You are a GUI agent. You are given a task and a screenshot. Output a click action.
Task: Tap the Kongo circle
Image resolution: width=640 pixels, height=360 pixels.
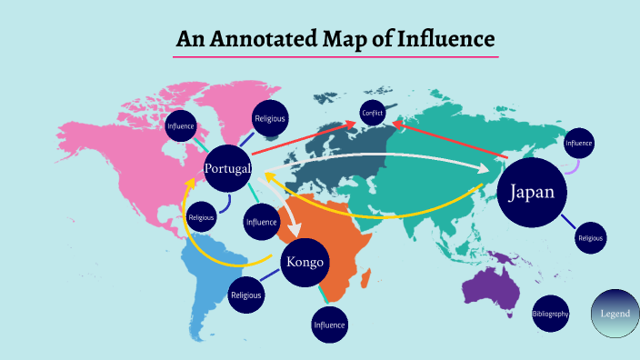click(305, 263)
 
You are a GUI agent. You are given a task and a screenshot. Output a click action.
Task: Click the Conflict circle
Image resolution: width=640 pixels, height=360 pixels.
click(372, 113)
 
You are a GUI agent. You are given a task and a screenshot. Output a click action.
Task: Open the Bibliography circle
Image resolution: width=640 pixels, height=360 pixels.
click(550, 314)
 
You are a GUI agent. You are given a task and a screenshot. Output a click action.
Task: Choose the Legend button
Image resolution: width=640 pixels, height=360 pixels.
click(615, 314)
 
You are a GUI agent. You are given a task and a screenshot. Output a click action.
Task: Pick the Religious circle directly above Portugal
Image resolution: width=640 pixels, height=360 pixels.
click(270, 118)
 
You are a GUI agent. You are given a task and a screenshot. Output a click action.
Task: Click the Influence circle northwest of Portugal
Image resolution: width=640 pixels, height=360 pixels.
click(182, 125)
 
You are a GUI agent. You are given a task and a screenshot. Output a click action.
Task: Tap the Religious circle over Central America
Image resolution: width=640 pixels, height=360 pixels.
click(201, 217)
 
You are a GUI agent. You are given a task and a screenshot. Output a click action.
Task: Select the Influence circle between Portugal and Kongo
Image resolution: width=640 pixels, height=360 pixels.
click(261, 221)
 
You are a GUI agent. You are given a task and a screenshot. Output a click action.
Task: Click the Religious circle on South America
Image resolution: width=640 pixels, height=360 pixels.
click(245, 295)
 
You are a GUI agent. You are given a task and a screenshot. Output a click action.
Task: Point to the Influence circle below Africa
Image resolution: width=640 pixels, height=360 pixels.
click(329, 325)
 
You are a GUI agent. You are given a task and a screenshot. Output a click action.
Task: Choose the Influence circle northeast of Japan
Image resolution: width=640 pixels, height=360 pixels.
click(578, 143)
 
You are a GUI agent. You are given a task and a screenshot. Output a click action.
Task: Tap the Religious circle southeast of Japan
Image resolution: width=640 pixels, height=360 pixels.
click(590, 238)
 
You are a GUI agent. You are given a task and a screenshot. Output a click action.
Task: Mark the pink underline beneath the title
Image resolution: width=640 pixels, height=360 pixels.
click(335, 57)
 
